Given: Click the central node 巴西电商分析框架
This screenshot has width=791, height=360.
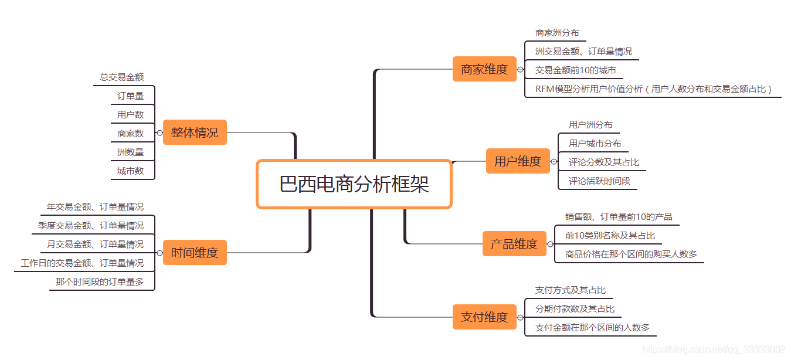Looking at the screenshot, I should point(354,184).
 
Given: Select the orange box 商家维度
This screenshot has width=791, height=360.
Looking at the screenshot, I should point(484,69).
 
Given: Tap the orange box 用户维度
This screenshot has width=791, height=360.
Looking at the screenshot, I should point(517,161).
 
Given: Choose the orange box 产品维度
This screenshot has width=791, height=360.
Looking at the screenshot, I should point(514,244).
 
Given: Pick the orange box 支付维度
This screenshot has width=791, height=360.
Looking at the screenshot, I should point(484,317).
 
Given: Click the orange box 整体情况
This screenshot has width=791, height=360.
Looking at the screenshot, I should point(195,133).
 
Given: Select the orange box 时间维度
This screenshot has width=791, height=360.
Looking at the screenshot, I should point(195,253).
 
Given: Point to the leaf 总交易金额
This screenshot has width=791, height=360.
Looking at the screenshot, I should point(121,77).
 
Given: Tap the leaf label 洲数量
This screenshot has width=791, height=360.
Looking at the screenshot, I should point(130,152).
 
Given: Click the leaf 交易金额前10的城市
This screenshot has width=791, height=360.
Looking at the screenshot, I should point(575,70).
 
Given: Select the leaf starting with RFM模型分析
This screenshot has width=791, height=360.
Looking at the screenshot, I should point(654,89).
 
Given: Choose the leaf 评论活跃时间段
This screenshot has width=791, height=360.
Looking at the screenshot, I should point(599,181).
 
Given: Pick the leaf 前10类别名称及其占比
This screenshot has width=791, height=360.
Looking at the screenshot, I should point(610,235).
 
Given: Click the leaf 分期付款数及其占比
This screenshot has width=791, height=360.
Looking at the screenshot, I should point(575,308).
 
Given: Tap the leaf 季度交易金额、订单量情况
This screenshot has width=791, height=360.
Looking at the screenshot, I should point(91,225).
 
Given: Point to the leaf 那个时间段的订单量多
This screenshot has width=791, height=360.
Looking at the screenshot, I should point(100,281).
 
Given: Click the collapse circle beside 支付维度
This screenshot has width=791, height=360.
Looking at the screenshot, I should point(520,317).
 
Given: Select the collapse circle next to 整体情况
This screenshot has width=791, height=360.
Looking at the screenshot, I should point(159,133).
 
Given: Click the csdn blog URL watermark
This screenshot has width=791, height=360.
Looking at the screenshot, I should point(717,349).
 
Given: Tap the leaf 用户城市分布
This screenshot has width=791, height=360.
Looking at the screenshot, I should point(595,143).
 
